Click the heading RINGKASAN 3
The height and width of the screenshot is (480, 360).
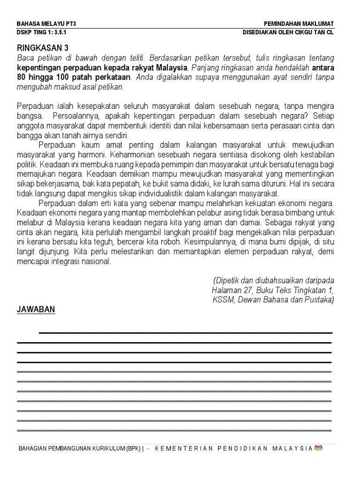43,47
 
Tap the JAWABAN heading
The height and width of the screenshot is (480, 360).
36,309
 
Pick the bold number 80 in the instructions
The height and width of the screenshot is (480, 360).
22,77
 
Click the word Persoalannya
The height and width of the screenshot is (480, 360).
76,114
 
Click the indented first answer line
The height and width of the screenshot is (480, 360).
185,333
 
